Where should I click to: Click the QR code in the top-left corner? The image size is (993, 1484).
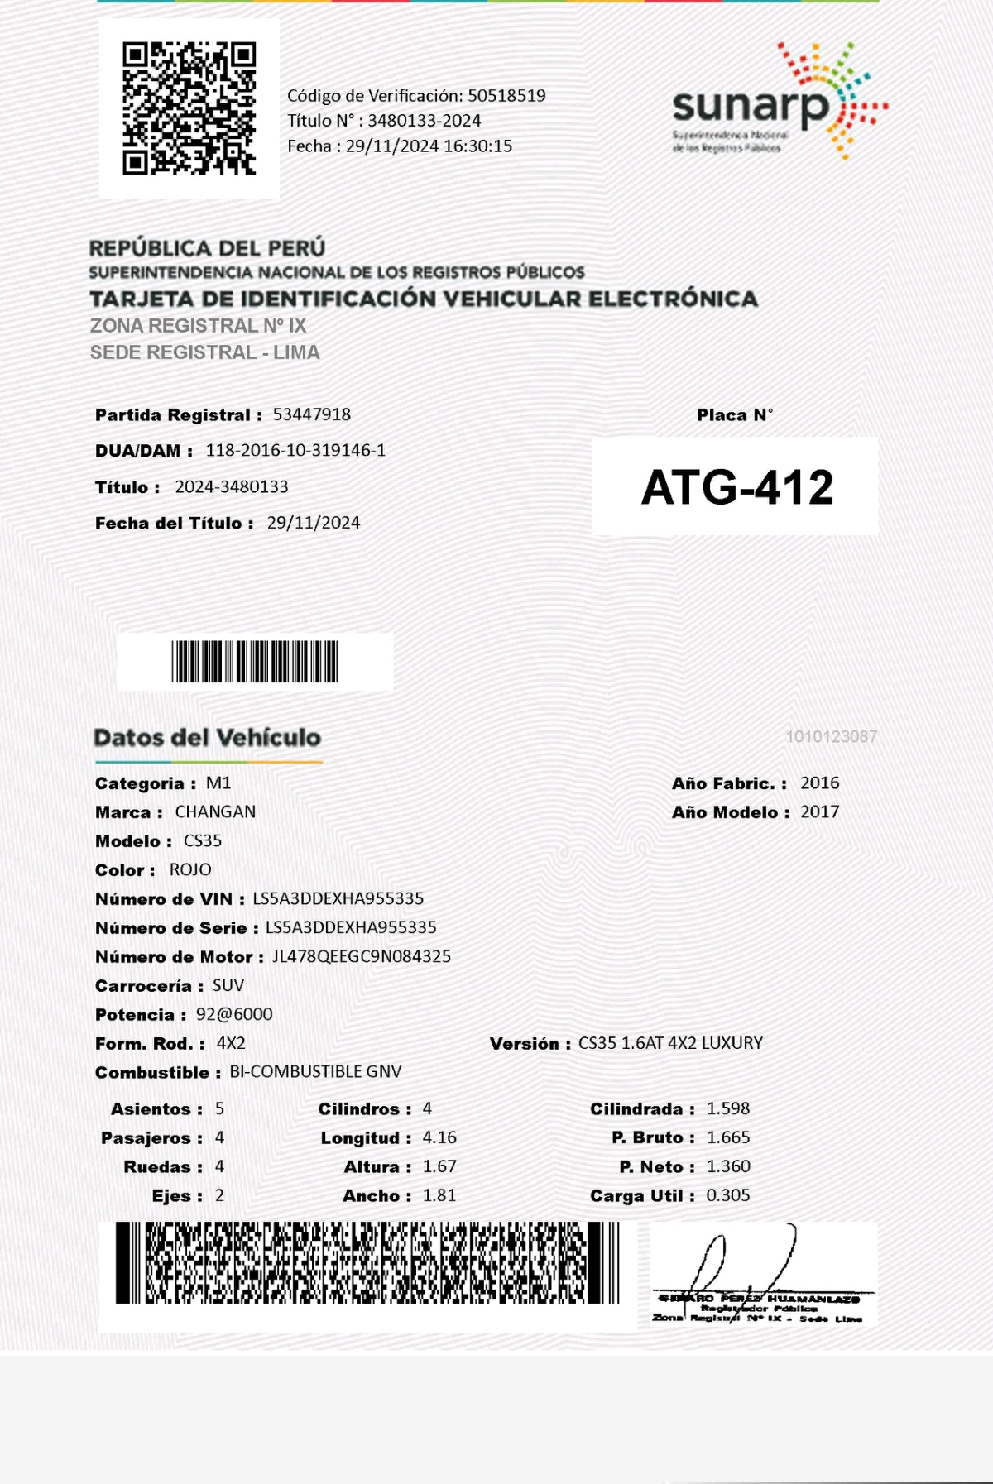coord(189,108)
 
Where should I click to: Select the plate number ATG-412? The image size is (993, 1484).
coord(736,487)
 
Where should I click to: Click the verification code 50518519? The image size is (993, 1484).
coord(506,96)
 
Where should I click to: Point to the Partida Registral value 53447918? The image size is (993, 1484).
coord(312,414)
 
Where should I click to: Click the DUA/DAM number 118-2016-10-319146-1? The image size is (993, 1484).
coord(295,451)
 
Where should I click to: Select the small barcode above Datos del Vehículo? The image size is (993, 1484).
coord(255,661)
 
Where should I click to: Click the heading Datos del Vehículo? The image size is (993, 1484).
coord(207,738)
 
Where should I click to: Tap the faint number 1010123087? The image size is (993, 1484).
coord(831,736)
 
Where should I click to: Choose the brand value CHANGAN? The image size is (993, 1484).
coord(215,812)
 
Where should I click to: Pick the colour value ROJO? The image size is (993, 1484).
coord(190,870)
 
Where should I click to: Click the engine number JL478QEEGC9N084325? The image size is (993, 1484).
coord(362,957)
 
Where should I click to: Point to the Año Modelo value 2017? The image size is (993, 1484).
coord(819,812)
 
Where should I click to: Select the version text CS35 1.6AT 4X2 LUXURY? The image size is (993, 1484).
coord(670,1044)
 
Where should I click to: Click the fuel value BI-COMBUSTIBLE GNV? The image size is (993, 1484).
coord(315,1072)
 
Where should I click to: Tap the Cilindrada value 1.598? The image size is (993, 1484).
coord(728,1109)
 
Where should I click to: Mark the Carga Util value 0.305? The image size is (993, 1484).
coord(728,1196)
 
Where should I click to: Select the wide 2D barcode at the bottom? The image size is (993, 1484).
coord(367,1263)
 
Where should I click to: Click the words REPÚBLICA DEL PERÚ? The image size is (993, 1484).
coord(207,248)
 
